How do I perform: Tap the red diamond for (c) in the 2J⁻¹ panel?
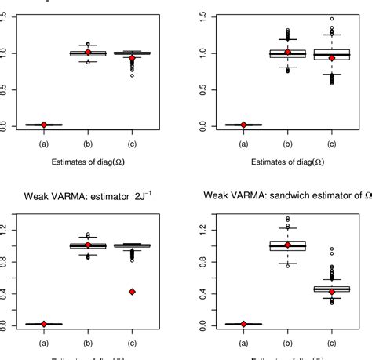click(132, 292)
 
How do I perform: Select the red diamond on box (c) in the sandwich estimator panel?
click(331, 292)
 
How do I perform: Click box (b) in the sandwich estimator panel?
click(287, 245)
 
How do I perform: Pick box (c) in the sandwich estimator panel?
click(331, 289)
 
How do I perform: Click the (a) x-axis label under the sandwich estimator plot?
click(243, 343)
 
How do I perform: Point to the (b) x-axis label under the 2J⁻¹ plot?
click(88, 343)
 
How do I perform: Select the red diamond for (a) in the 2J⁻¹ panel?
click(44, 324)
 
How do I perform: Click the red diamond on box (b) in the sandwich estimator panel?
click(287, 245)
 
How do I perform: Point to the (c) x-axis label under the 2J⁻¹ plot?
click(132, 343)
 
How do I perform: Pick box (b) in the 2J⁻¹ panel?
click(88, 245)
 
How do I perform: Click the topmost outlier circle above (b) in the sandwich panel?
click(287, 219)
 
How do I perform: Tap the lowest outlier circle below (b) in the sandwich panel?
click(287, 266)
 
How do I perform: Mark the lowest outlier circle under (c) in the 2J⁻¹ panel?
click(132, 260)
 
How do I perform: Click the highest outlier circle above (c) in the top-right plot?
click(331, 19)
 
